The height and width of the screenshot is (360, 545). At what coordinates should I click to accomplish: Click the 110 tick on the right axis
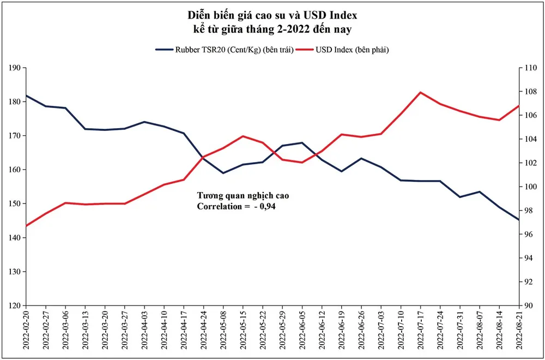530,68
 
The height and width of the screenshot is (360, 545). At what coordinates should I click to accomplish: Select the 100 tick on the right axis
530,187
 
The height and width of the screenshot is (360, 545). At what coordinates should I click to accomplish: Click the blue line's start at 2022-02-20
26,95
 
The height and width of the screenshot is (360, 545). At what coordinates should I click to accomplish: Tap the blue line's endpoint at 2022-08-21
518,220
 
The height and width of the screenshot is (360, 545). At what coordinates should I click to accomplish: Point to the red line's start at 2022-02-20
26,226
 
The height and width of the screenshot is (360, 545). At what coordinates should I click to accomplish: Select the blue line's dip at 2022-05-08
222,173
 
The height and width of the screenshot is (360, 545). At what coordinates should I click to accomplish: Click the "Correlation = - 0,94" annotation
240,207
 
